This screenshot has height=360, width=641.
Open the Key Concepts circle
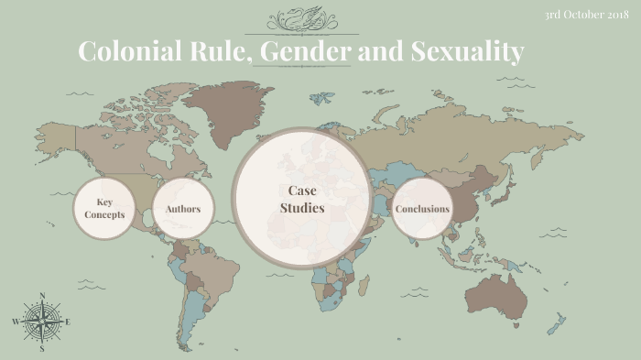point(103,209)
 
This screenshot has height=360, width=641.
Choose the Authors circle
point(183,209)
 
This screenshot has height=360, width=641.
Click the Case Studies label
point(302,200)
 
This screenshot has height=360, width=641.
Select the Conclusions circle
point(422,209)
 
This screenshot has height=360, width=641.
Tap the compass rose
point(41,322)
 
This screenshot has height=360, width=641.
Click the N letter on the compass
point(42,297)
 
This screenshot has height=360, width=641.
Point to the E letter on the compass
point(68,322)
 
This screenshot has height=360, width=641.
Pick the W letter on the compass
point(16,322)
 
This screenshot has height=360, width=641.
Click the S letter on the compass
point(42,348)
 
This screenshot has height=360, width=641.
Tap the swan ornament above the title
point(301,20)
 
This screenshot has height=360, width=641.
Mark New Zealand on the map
point(556,322)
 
